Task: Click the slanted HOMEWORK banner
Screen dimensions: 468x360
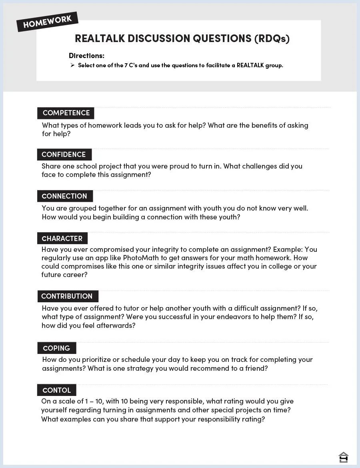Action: click(47, 22)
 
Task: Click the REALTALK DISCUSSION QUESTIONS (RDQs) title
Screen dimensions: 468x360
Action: click(182, 38)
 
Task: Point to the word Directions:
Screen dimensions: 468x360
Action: click(86, 56)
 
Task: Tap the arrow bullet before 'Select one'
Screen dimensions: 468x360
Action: click(72, 65)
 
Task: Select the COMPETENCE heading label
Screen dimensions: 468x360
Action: click(66, 113)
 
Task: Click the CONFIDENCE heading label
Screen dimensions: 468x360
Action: click(64, 155)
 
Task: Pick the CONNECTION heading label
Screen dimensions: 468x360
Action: click(64, 196)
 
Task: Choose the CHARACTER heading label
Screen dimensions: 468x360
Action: click(62, 239)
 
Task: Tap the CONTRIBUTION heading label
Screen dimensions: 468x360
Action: click(67, 296)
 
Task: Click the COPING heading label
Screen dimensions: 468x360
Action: click(56, 348)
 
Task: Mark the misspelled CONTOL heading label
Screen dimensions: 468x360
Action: click(56, 390)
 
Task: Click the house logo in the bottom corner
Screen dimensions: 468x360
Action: click(343, 457)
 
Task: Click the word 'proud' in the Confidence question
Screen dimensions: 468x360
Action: click(179, 166)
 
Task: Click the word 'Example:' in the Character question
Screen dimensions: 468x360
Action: click(289, 249)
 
